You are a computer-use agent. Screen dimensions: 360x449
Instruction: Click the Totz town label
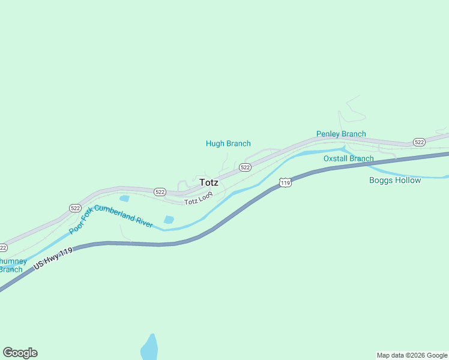click(x=209, y=182)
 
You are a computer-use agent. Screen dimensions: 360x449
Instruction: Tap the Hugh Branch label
click(x=228, y=143)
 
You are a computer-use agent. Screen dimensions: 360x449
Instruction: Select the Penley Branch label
click(x=341, y=134)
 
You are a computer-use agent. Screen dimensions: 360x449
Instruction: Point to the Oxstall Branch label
click(x=348, y=158)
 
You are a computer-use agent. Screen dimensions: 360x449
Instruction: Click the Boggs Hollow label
click(x=394, y=180)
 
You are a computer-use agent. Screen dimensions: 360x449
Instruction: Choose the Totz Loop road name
click(x=199, y=200)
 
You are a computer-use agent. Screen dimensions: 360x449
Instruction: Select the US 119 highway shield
click(x=285, y=182)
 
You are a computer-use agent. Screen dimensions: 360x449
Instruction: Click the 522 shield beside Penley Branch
click(x=419, y=142)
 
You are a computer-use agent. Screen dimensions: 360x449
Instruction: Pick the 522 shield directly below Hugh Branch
click(x=245, y=167)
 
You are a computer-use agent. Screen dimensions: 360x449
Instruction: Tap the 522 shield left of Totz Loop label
click(x=159, y=192)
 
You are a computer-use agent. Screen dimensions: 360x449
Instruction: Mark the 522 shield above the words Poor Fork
click(x=75, y=208)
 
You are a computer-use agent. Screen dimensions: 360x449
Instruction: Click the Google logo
click(x=20, y=353)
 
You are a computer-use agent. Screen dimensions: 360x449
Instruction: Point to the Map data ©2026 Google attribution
click(x=412, y=355)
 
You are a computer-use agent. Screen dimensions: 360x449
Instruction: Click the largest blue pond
click(x=149, y=348)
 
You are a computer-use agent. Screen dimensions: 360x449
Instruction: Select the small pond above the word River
click(x=169, y=220)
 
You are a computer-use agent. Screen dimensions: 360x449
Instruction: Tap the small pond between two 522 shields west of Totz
click(x=124, y=198)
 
